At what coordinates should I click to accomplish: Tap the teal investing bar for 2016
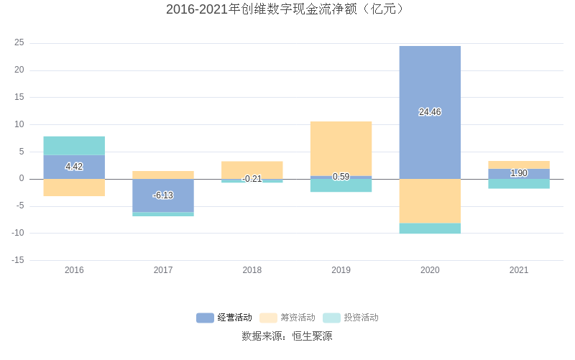point(74,145)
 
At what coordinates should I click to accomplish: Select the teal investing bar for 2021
point(519,184)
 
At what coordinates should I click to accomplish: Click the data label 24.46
point(430,112)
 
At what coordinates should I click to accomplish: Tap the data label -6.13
point(163,195)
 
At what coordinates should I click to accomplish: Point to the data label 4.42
point(74,167)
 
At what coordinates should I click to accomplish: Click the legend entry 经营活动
point(225,318)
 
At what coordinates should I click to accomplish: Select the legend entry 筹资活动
point(288,318)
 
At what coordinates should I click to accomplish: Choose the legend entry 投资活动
point(351,318)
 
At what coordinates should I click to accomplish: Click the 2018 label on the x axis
point(252,270)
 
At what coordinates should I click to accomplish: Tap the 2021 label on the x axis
point(519,270)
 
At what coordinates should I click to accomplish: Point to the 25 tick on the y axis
point(19,43)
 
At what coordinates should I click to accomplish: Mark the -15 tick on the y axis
point(18,260)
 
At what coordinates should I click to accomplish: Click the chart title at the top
point(287,9)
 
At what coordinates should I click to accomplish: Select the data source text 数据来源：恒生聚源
point(287,336)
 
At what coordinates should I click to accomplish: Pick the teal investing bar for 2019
point(341,185)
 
